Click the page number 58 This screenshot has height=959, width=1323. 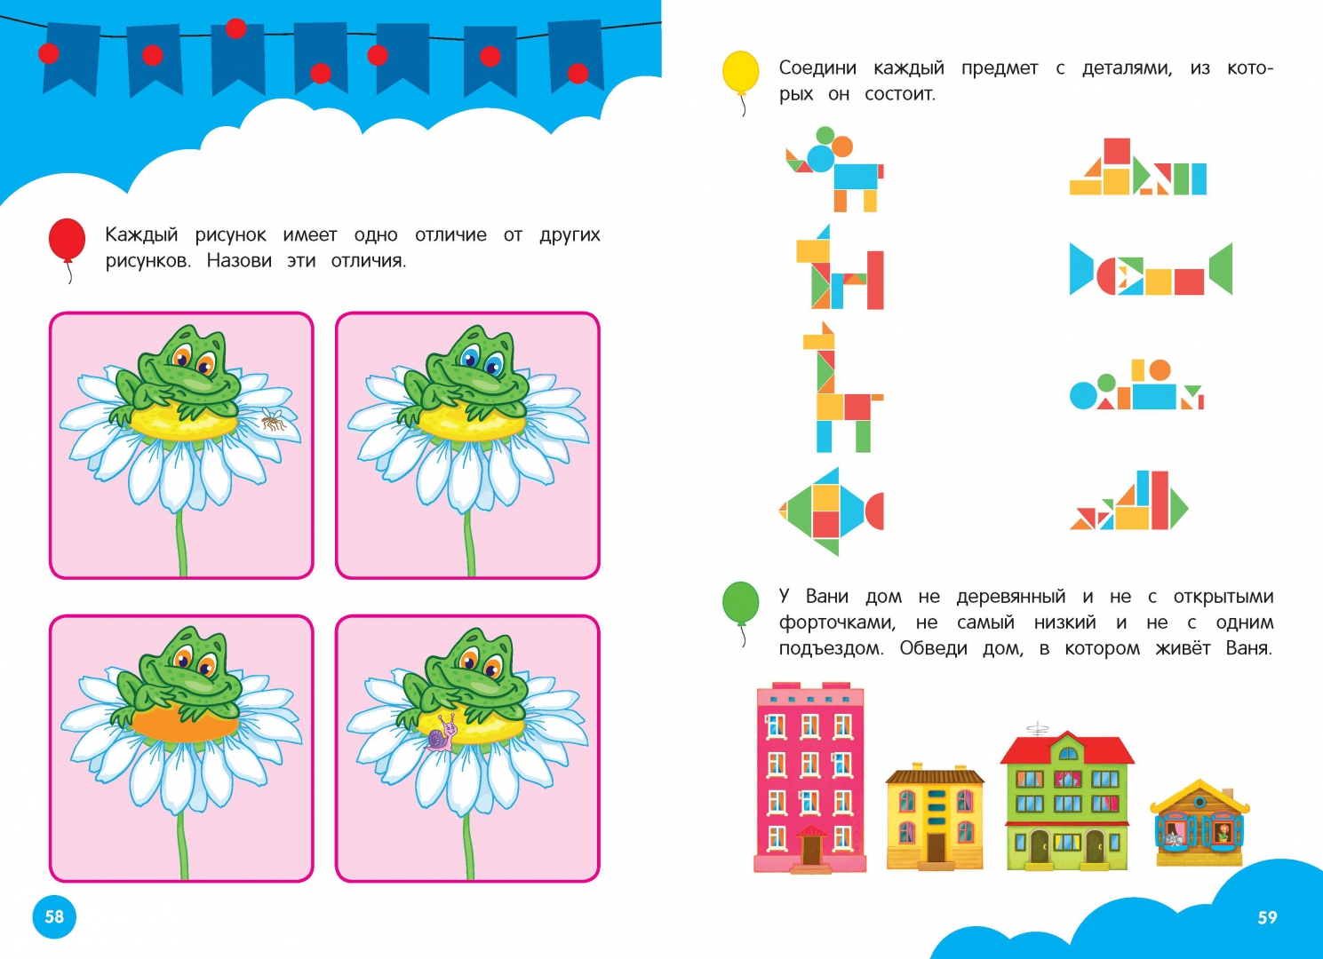click(x=54, y=915)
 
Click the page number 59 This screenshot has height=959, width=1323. click(x=1267, y=917)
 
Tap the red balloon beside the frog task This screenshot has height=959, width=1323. click(x=67, y=239)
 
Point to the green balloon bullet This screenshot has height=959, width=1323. click(x=741, y=603)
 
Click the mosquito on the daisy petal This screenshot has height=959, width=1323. click(x=274, y=418)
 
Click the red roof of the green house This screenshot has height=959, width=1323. click(x=1067, y=749)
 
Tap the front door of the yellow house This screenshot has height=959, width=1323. click(x=936, y=847)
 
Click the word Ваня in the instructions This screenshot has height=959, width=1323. click(x=1248, y=648)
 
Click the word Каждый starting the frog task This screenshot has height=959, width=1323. click(x=141, y=235)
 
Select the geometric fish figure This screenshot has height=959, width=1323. click(x=831, y=511)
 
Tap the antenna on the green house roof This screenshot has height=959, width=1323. click(x=1037, y=729)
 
